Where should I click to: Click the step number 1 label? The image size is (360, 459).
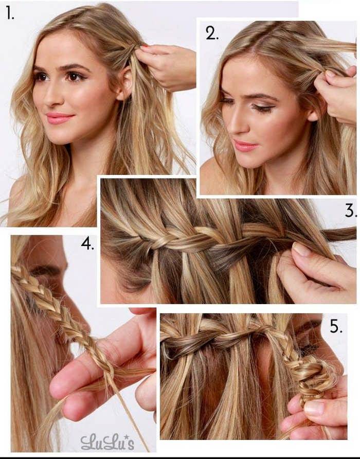[10, 14]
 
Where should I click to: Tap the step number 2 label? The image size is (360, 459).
[212, 33]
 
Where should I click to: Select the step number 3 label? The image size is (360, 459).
[351, 211]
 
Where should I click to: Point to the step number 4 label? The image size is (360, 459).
[87, 244]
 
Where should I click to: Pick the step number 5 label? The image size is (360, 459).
[336, 326]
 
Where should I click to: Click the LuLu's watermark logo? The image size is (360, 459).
[107, 442]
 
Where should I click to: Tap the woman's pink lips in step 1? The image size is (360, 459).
[60, 118]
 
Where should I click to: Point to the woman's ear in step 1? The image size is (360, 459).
[125, 84]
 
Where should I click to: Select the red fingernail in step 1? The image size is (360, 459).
[145, 47]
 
